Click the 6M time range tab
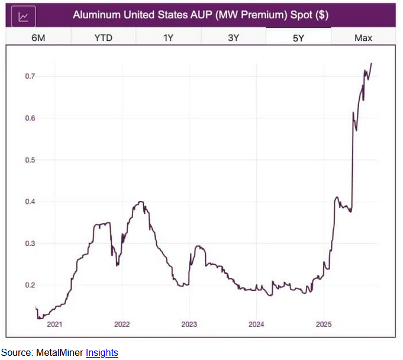point(38,38)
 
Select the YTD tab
point(103,38)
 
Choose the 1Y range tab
point(168,38)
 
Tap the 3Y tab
point(233,38)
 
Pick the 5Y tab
point(298,38)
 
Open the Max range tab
point(363,38)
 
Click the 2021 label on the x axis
point(54,324)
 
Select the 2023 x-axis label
point(189,324)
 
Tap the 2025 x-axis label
point(324,324)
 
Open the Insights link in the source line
point(102,353)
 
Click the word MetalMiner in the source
point(60,353)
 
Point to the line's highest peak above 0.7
point(371,63)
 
